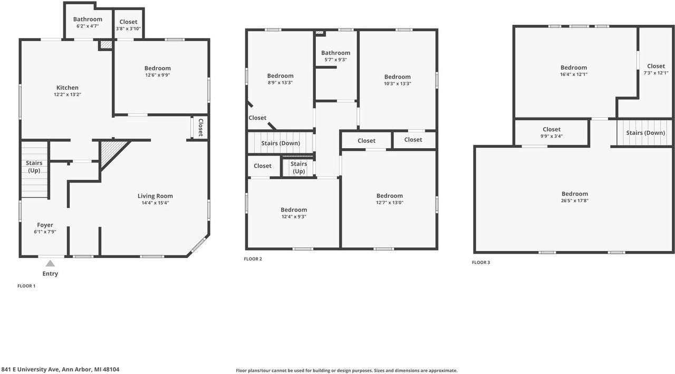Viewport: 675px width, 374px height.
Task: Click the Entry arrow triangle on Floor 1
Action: tap(50, 263)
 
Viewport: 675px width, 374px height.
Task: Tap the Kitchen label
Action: tap(67, 88)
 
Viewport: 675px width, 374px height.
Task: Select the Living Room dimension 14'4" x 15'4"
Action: tap(155, 203)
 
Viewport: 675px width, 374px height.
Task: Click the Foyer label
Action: tap(45, 225)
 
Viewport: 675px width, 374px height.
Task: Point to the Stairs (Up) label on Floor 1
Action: tap(34, 167)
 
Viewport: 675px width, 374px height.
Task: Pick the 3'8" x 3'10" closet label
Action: tap(128, 29)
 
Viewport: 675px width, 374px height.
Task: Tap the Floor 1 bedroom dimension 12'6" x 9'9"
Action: tap(158, 75)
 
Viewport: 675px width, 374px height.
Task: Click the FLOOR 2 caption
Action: tap(253, 259)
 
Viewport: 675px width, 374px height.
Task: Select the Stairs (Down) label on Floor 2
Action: tap(281, 143)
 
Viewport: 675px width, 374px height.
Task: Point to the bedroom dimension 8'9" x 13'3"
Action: tap(280, 83)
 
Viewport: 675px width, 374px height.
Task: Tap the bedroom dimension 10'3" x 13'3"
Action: tap(398, 84)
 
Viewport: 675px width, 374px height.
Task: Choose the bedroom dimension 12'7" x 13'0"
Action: tap(390, 203)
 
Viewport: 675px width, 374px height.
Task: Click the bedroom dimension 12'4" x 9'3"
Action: tap(294, 217)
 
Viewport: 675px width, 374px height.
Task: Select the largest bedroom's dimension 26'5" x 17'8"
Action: tap(574, 200)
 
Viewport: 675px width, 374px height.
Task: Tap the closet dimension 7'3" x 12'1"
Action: tap(656, 73)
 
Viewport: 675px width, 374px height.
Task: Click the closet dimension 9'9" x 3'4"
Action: tap(552, 136)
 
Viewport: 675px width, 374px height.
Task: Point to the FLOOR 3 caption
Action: tap(481, 262)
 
